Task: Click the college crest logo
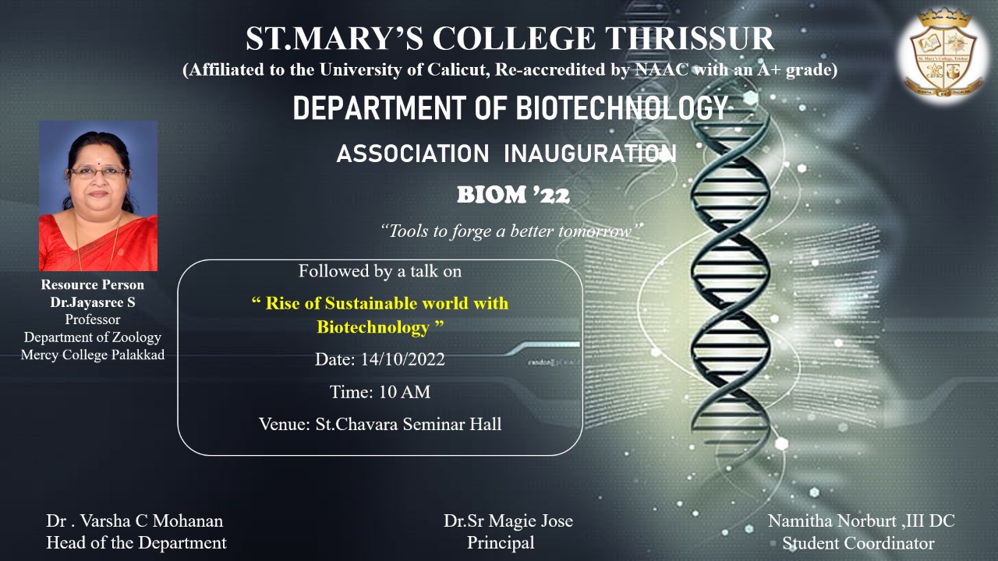point(943,55)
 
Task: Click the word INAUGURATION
point(590,153)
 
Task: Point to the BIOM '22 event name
point(513,195)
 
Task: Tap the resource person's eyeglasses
point(98,172)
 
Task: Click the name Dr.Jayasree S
point(93,302)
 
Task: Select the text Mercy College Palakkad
point(93,355)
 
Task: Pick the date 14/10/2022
point(402,359)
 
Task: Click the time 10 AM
point(405,392)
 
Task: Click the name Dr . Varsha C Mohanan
point(135,521)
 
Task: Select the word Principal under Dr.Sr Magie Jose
point(501,543)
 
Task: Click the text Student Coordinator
point(858,543)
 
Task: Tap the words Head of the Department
point(136,543)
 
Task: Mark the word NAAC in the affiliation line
point(662,69)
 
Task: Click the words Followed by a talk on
point(380,271)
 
